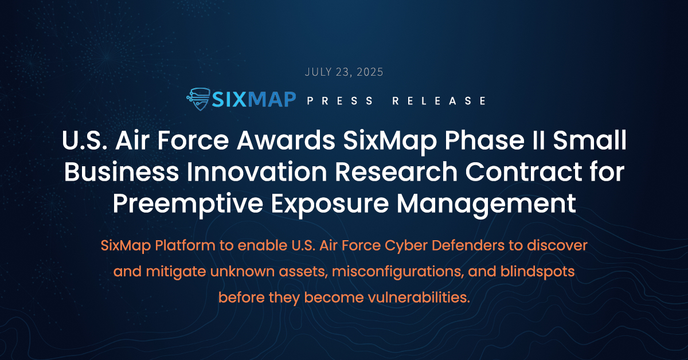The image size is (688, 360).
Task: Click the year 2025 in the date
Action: tap(370, 72)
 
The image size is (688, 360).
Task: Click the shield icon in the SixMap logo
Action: tap(199, 99)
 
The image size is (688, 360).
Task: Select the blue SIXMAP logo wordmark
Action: tap(254, 99)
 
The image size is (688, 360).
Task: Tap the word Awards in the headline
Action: tap(286, 140)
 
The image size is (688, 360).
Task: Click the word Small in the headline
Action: tap(590, 140)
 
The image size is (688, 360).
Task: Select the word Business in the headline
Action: tap(122, 172)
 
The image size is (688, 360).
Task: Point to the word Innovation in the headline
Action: tap(257, 172)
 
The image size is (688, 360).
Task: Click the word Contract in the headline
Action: tap(523, 172)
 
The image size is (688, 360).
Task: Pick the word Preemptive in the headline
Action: tap(188, 205)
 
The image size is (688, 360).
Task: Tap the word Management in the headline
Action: tap(486, 205)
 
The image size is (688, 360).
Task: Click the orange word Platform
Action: tap(185, 245)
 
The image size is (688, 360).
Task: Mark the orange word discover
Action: tap(557, 245)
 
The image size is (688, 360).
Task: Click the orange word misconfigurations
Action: tap(398, 272)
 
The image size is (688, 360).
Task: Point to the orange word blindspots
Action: tap(537, 272)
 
